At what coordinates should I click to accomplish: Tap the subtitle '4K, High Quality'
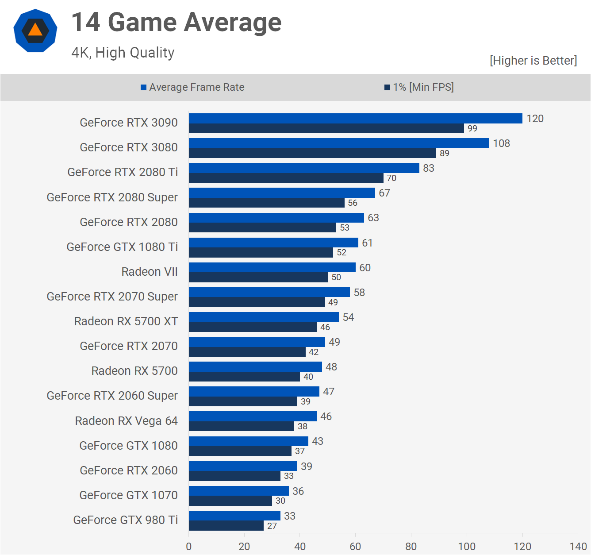pyautogui.click(x=123, y=53)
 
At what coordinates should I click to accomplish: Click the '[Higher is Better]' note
pyautogui.click(x=533, y=61)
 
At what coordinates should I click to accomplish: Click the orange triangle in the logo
pyautogui.click(x=35, y=30)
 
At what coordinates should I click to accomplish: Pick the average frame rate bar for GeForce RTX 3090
pyautogui.click(x=355, y=118)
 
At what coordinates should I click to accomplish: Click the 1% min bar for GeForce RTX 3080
pyautogui.click(x=312, y=153)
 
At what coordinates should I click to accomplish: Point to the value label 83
pyautogui.click(x=428, y=168)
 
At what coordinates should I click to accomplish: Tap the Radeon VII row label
pyautogui.click(x=150, y=272)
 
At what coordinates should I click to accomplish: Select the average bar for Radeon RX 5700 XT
pyautogui.click(x=264, y=317)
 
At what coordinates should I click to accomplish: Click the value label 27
pyautogui.click(x=272, y=526)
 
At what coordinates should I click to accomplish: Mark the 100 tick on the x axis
pyautogui.click(x=467, y=546)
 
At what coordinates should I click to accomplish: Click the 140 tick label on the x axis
pyautogui.click(x=578, y=546)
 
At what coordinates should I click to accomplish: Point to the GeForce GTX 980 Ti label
pyautogui.click(x=126, y=520)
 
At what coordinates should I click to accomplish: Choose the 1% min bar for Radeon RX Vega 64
pyautogui.click(x=242, y=426)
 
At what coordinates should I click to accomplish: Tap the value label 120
pyautogui.click(x=535, y=119)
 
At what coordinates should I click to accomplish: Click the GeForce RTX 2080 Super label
pyautogui.click(x=112, y=197)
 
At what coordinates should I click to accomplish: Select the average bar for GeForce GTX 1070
pyautogui.click(x=239, y=491)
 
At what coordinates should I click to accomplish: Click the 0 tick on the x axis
pyautogui.click(x=189, y=546)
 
